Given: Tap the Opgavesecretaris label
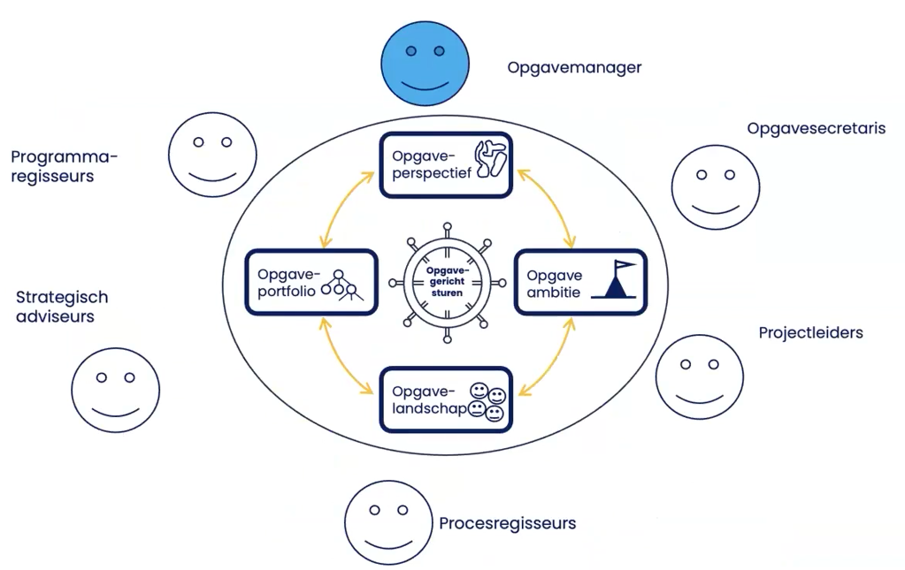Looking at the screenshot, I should coord(816,128).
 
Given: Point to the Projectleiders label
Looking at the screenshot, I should coord(810,332).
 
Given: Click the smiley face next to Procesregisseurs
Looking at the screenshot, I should coord(388,522).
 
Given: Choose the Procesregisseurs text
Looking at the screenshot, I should coord(507,523).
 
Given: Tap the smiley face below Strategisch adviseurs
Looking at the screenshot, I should coord(115,390).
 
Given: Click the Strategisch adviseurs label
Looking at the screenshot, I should coord(62,307).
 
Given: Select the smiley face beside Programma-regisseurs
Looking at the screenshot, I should coord(212,152).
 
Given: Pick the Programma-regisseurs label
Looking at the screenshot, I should coord(64,166).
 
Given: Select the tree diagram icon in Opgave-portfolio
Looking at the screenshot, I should coord(343,284).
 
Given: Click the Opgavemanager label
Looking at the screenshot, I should coord(574,67).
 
